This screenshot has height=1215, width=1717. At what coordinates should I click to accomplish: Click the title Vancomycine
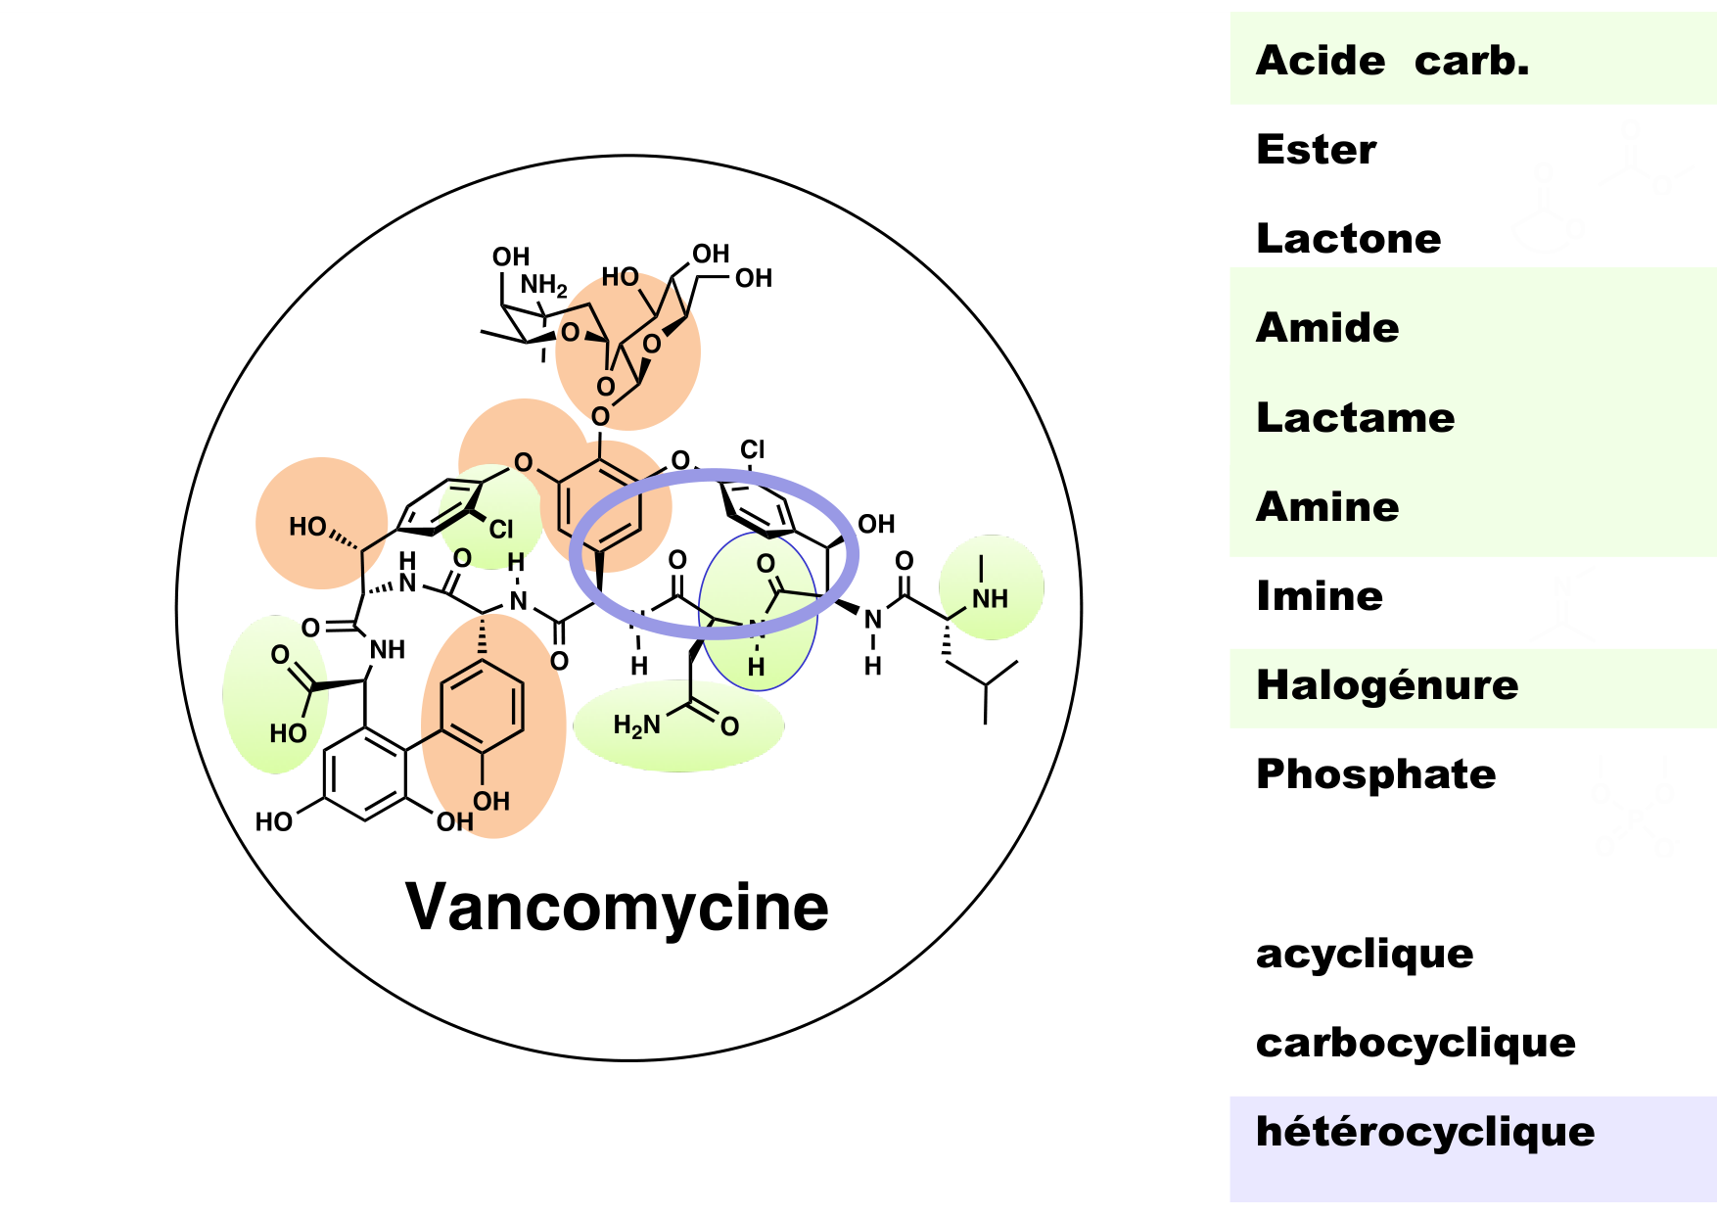coord(617,907)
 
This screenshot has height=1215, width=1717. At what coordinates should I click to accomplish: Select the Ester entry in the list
coord(1316,150)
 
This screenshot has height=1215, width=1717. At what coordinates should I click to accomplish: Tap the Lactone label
coord(1348,239)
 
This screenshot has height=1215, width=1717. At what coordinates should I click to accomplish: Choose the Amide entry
coord(1327,328)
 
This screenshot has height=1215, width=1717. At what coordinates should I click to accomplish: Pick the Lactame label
coord(1355,418)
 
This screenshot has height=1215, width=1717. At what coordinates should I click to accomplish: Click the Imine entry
coord(1320,596)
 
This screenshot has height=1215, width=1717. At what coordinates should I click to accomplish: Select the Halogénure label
coord(1387,685)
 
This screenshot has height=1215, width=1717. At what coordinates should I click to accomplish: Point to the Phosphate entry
coord(1375,774)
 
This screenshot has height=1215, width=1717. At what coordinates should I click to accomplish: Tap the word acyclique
coord(1364,953)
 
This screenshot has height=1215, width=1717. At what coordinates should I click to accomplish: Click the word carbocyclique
coord(1415,1043)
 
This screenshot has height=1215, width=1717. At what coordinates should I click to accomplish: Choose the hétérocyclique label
coord(1424,1132)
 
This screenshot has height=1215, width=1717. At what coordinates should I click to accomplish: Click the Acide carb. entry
coord(1391,61)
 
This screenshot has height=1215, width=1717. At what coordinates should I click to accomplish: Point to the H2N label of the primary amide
coord(636,725)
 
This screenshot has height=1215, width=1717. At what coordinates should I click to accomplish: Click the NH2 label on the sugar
coord(543,285)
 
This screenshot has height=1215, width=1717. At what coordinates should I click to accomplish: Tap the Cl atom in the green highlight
coord(501,530)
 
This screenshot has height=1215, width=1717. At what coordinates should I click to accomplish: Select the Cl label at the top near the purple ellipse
coord(752,449)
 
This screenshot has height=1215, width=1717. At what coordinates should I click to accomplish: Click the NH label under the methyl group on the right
coord(990,598)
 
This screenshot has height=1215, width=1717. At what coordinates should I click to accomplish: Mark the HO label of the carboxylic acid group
coord(288,733)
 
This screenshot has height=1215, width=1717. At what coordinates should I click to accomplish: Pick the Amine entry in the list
coord(1327,507)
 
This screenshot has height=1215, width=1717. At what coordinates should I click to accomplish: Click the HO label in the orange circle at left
coord(307,527)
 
